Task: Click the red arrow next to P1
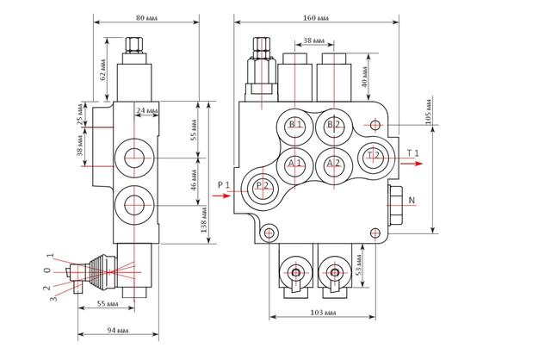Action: [x=221, y=196]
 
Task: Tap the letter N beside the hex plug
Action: [x=412, y=200]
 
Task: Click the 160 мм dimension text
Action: [x=316, y=17]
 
